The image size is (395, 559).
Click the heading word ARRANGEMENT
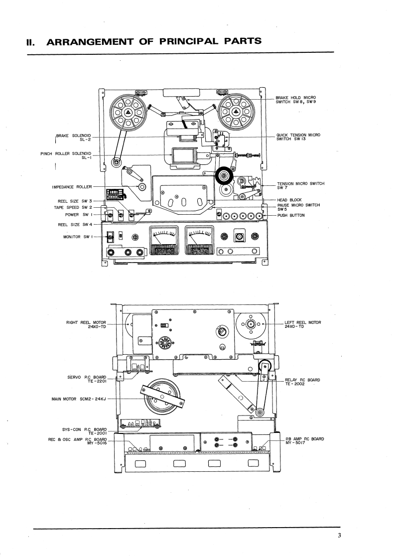coord(90,41)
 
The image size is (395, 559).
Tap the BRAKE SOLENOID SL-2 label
coord(73,138)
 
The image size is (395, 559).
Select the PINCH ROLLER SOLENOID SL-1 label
coord(66,156)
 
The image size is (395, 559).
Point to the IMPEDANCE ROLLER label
coord(72,187)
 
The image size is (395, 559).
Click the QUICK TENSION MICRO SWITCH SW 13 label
coord(298,137)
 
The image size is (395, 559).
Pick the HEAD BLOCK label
coord(289,200)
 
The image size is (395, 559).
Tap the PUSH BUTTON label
coord(291,215)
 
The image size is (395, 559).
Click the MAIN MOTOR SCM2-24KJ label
coord(79,399)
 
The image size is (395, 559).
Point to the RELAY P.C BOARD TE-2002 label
coord(302,382)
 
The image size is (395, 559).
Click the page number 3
coord(339,535)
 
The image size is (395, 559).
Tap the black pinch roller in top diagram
coord(224,176)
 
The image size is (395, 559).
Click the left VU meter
coord(164,240)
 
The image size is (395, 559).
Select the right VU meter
coord(200,240)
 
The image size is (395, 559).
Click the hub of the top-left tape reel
coord(128,112)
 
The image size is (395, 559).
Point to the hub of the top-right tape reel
coord(235,112)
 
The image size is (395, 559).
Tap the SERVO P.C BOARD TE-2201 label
coord(87,379)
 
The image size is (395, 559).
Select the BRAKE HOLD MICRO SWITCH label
coord(296,100)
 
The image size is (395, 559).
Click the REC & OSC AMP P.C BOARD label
coord(77,441)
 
